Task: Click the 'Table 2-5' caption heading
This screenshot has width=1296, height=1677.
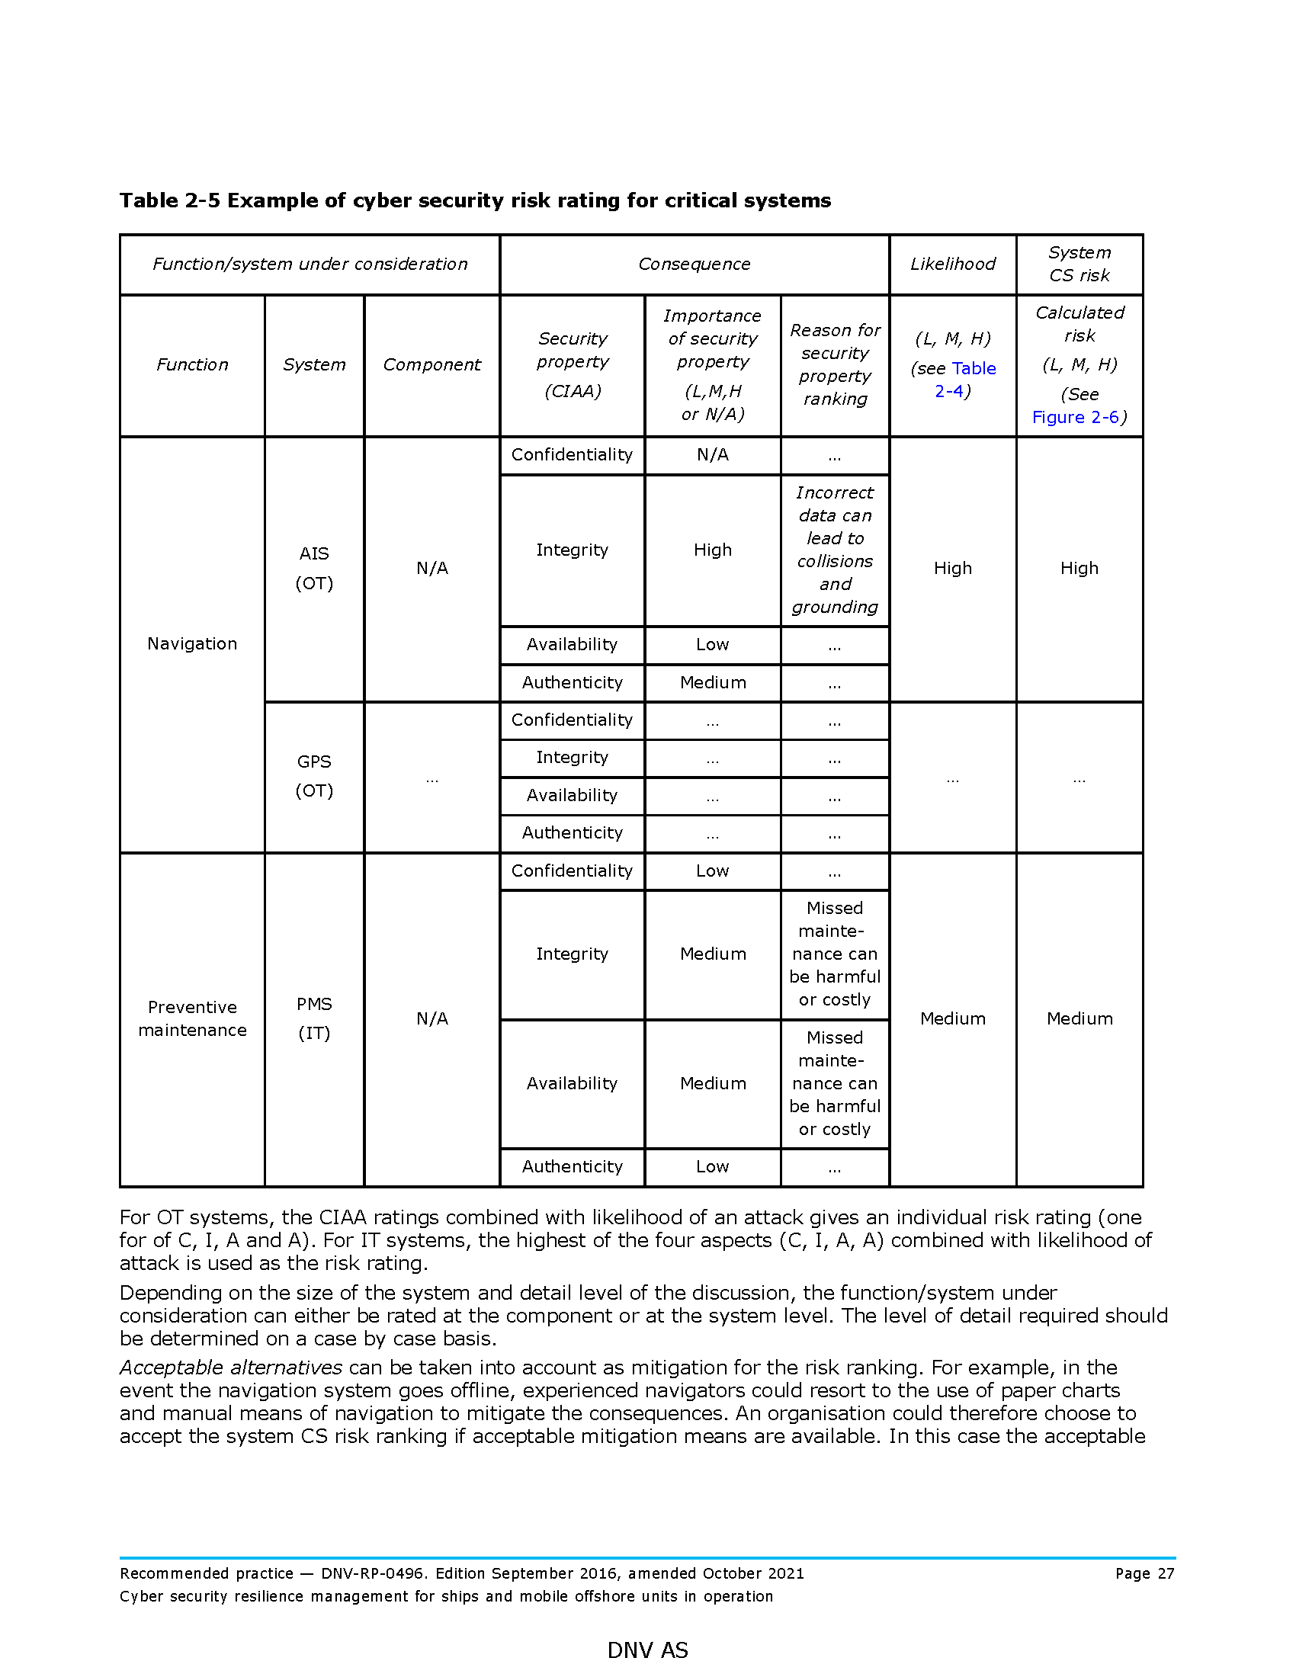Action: click(474, 200)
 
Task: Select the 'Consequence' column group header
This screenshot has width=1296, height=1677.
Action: click(694, 265)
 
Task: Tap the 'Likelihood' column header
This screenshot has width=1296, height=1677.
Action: click(952, 265)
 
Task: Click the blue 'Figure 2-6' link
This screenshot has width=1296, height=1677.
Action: click(1075, 417)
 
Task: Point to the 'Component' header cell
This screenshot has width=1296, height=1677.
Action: click(431, 364)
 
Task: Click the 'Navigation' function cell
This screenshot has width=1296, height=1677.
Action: click(192, 643)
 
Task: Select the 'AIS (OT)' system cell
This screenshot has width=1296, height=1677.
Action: click(314, 568)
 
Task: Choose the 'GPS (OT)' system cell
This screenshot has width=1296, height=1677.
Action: click(314, 775)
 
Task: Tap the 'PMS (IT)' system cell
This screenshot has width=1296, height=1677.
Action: click(314, 1018)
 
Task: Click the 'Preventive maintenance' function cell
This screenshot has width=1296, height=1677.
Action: click(192, 1018)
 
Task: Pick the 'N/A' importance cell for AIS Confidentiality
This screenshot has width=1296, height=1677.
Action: click(713, 454)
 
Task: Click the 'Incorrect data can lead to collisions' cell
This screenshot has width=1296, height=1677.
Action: click(835, 550)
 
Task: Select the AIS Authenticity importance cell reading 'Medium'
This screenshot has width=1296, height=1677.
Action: click(713, 683)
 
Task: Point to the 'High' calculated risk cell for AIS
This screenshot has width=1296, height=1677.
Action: click(1079, 568)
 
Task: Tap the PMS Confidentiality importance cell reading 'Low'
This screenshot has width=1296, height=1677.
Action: click(713, 871)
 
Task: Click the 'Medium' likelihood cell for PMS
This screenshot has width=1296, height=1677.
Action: click(952, 1018)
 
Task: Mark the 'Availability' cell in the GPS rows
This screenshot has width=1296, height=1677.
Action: click(572, 796)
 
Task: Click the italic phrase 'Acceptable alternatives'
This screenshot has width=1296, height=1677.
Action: click(230, 1368)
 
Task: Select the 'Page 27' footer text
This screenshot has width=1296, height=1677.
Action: click(1144, 1573)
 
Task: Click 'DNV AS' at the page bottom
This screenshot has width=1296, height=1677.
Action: click(647, 1650)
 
